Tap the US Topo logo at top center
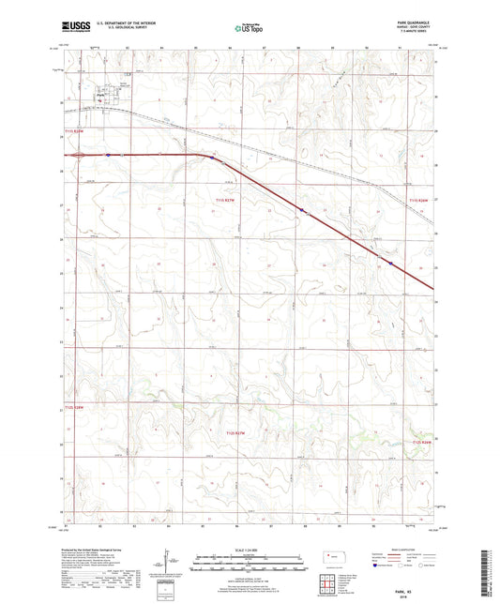coord(249,29)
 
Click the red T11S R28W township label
coord(75,131)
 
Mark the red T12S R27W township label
coord(240,432)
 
